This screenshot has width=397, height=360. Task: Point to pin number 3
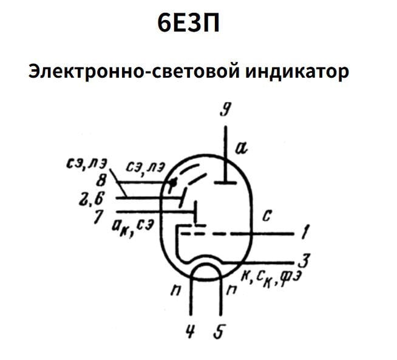pyautogui.click(x=307, y=260)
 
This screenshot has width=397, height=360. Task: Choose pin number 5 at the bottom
pyautogui.click(x=221, y=333)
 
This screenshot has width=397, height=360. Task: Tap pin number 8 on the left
pyautogui.click(x=101, y=180)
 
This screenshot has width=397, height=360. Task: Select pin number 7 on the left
pyautogui.click(x=97, y=216)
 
